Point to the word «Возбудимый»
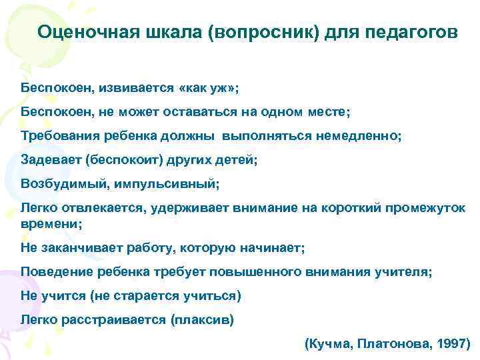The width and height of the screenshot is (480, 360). [x=58, y=183]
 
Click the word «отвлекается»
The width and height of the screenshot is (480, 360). [x=100, y=207]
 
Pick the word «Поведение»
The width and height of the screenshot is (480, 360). [x=53, y=272]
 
